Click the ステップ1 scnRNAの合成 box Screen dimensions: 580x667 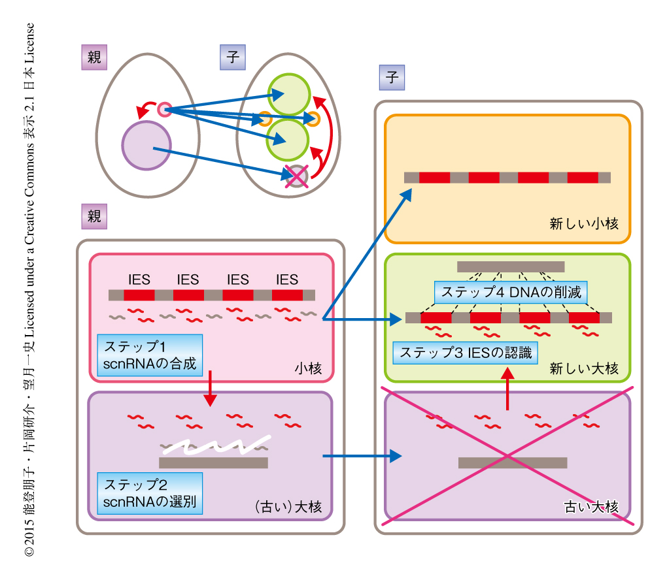tap(149, 355)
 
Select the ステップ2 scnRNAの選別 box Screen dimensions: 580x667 tap(149, 494)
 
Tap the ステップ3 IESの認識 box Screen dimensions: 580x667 tap(465, 353)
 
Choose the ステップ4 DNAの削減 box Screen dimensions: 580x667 tap(511, 292)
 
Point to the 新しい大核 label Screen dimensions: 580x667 tap(584, 368)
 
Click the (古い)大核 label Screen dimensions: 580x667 tap(288, 506)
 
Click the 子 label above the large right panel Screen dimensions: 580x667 tap(392, 78)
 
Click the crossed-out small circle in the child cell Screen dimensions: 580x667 tap(298, 176)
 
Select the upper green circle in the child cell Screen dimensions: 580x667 tap(288, 93)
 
